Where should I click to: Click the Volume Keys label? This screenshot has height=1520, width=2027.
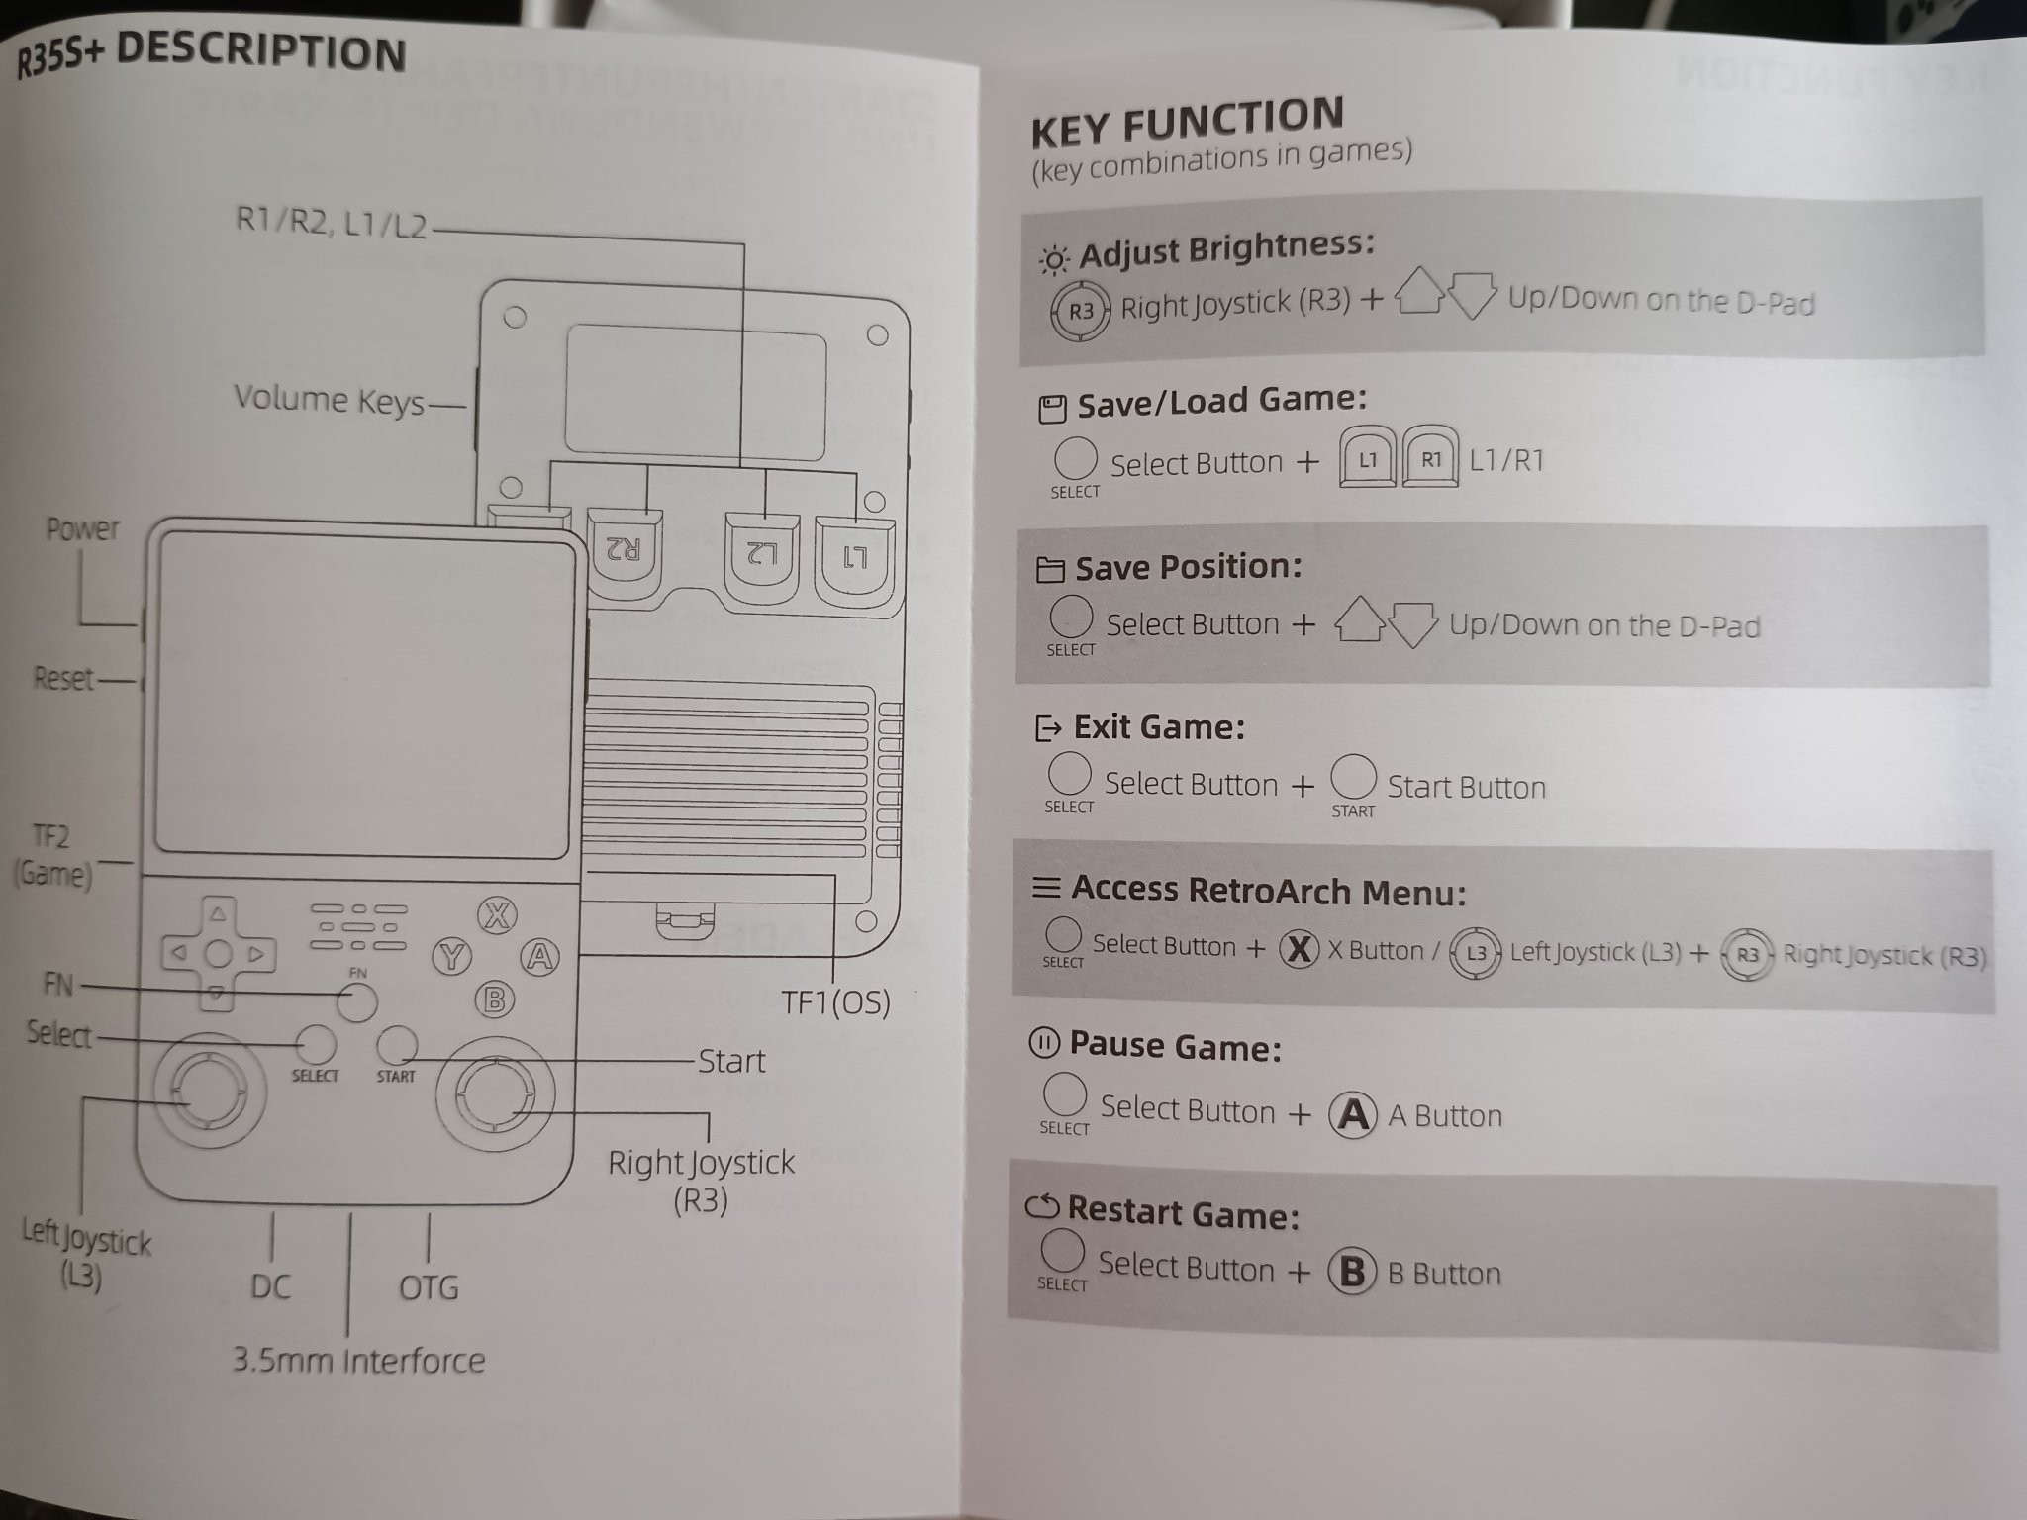[x=329, y=400]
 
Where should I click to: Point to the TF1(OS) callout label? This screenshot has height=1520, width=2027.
[x=835, y=1002]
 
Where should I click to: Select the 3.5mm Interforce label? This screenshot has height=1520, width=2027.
[x=358, y=1360]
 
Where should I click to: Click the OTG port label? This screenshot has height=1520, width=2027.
[x=429, y=1286]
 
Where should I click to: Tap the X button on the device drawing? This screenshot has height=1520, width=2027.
[x=497, y=915]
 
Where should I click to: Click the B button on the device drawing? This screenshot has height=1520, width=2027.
[x=495, y=999]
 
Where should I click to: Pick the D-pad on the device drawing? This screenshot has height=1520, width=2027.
[x=218, y=953]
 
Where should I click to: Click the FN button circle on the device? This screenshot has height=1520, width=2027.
[x=357, y=1002]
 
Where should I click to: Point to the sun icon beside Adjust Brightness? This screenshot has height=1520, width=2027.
[x=1053, y=260]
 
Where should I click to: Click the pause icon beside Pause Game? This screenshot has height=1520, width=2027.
[x=1044, y=1042]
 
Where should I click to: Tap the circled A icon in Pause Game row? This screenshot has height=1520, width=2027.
[x=1352, y=1114]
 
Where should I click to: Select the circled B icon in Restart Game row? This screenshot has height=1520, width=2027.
[x=1352, y=1272]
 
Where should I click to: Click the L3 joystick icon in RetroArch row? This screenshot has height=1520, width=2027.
[x=1476, y=953]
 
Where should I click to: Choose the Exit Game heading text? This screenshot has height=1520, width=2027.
[x=1159, y=727]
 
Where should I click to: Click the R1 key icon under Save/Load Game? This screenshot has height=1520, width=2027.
[x=1431, y=457]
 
